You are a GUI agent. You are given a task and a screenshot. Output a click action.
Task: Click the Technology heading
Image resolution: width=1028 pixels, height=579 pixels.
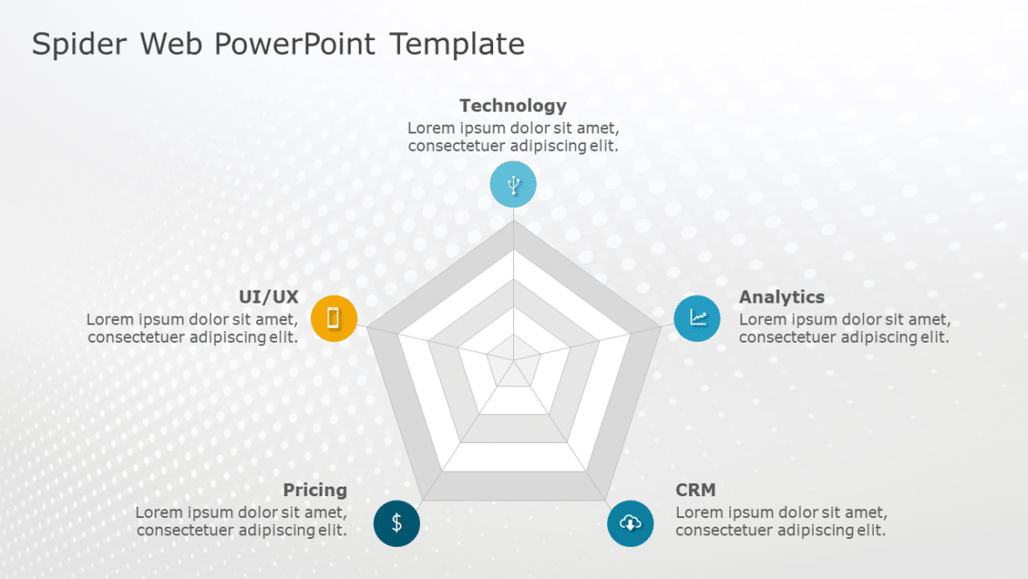pyautogui.click(x=512, y=106)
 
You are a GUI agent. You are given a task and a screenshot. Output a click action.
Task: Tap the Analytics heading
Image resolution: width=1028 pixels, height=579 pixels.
pyautogui.click(x=781, y=297)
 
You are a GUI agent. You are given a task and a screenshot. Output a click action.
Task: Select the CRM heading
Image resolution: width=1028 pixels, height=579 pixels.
pyautogui.click(x=695, y=490)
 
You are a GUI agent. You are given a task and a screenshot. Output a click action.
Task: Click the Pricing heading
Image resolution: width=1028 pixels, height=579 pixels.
pyautogui.click(x=314, y=490)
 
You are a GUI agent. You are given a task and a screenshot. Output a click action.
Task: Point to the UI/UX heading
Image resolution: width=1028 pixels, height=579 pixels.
pyautogui.click(x=268, y=297)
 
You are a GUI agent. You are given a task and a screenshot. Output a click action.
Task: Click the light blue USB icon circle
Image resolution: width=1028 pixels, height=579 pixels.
pyautogui.click(x=513, y=185)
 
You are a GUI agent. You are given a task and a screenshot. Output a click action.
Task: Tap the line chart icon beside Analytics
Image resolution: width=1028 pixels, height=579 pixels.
pyautogui.click(x=697, y=318)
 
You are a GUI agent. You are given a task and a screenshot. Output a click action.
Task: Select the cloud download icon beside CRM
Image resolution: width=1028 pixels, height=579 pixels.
pyautogui.click(x=630, y=523)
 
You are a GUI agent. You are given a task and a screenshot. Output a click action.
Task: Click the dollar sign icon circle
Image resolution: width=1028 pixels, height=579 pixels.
pyautogui.click(x=396, y=523)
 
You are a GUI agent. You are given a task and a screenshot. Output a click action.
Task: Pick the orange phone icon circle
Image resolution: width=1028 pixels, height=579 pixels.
pyautogui.click(x=334, y=318)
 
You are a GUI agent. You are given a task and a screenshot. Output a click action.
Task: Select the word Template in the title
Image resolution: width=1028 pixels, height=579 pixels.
pyautogui.click(x=457, y=44)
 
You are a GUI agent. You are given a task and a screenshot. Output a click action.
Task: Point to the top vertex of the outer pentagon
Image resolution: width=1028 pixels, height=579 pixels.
pyautogui.click(x=514, y=221)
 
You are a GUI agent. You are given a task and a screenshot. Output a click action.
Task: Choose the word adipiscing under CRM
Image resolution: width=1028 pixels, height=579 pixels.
pyautogui.click(x=816, y=530)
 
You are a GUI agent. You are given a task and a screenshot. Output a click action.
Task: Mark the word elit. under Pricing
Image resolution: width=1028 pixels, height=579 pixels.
pyautogui.click(x=332, y=530)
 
